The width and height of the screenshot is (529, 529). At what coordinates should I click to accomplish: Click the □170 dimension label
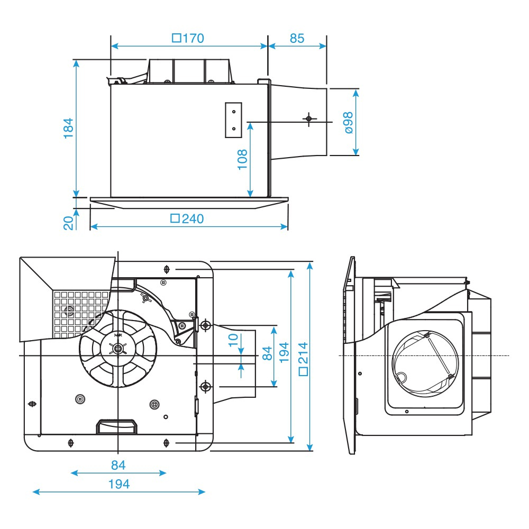(188, 38)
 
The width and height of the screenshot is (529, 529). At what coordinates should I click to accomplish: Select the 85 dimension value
(297, 38)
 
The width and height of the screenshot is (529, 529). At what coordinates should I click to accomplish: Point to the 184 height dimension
(68, 128)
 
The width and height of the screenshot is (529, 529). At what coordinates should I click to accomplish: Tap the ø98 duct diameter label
(348, 122)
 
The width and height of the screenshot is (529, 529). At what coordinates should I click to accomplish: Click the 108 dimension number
(242, 159)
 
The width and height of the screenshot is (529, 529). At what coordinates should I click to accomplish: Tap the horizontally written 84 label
(118, 465)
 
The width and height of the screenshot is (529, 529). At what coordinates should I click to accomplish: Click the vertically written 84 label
(268, 353)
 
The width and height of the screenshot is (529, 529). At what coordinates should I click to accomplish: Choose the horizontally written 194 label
(118, 484)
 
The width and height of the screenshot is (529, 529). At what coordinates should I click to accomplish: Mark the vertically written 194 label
(285, 353)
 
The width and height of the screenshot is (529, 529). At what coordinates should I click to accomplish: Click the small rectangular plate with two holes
(233, 120)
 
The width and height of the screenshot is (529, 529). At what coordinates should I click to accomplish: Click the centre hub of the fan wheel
(117, 349)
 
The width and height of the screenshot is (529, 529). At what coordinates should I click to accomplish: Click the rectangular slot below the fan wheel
(116, 425)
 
